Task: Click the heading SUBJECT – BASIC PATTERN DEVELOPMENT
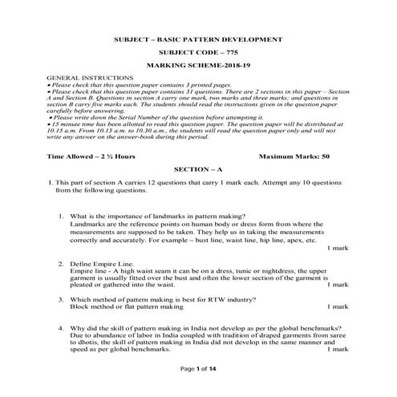[199, 39]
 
